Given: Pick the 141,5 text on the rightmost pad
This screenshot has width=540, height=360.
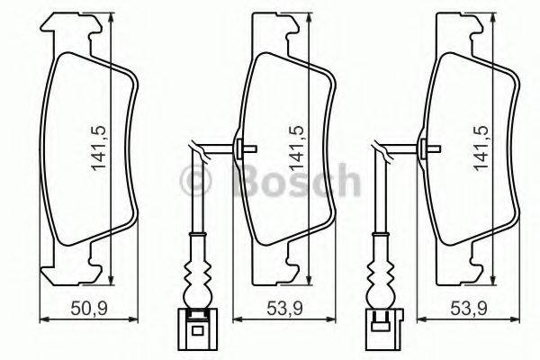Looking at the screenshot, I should coord(481,144).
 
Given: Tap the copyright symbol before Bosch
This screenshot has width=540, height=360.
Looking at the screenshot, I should coord(197,184).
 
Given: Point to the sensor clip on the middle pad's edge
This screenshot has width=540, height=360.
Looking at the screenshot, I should coord(241,148).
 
